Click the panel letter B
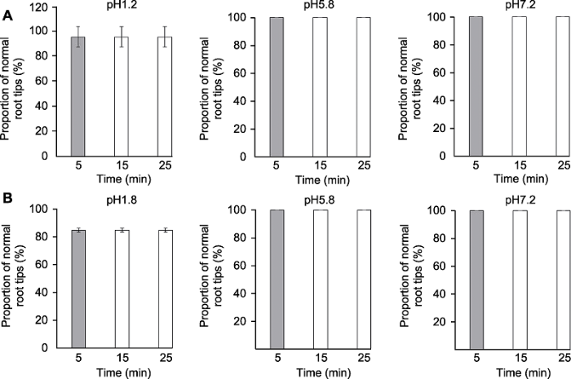point(7,198)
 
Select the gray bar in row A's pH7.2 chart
point(477,86)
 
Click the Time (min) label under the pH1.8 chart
point(122,371)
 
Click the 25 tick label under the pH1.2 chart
point(166,163)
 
